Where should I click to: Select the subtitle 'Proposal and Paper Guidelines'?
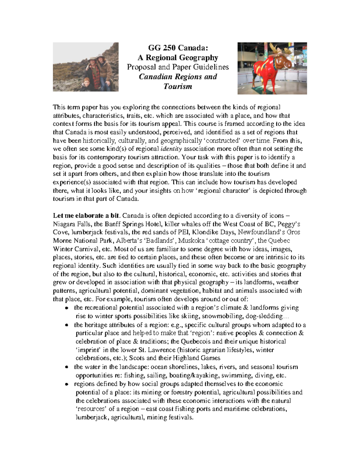178,67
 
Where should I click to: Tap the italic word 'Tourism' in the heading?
178,86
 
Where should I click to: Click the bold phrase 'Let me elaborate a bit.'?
87,215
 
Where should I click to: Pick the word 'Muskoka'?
192,241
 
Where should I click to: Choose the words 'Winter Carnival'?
78,249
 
